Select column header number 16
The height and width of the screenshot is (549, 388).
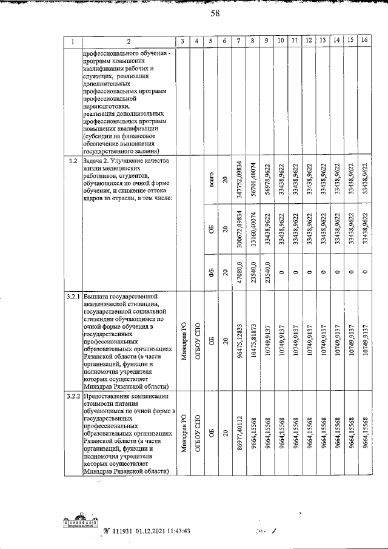tap(364, 41)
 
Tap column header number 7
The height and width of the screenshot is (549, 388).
tap(240, 41)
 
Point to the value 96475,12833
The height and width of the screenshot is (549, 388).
tap(240, 340)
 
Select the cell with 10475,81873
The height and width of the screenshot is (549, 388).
tap(253, 340)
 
